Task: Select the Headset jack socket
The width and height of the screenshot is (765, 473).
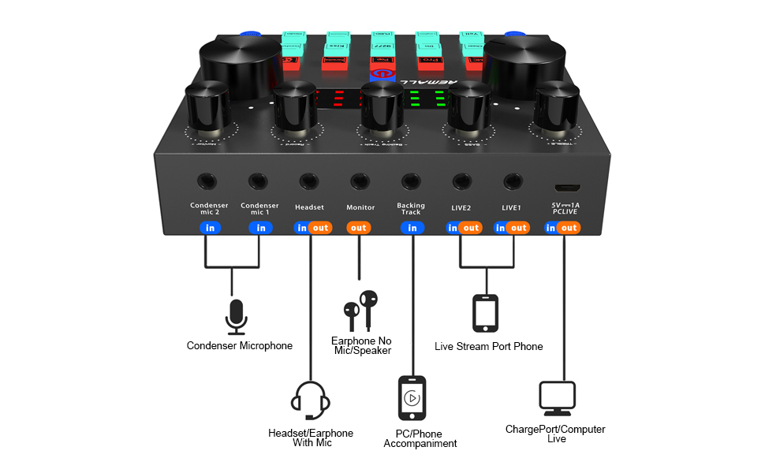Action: point(309,181)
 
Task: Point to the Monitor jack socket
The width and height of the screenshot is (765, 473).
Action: point(360,181)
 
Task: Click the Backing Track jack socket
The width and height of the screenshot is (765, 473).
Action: point(410,181)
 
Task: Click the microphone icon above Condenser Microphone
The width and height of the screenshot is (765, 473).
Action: point(236,316)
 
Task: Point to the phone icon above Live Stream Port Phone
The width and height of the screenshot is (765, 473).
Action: point(485,313)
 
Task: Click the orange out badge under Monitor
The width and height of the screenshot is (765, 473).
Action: point(360,228)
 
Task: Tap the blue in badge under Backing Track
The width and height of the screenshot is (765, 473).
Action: point(412,228)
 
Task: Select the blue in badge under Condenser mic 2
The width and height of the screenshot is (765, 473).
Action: point(210,228)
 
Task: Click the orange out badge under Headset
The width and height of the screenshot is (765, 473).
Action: point(320,228)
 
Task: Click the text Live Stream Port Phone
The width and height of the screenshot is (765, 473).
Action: point(488,346)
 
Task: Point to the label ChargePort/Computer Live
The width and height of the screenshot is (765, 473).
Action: point(555,434)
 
